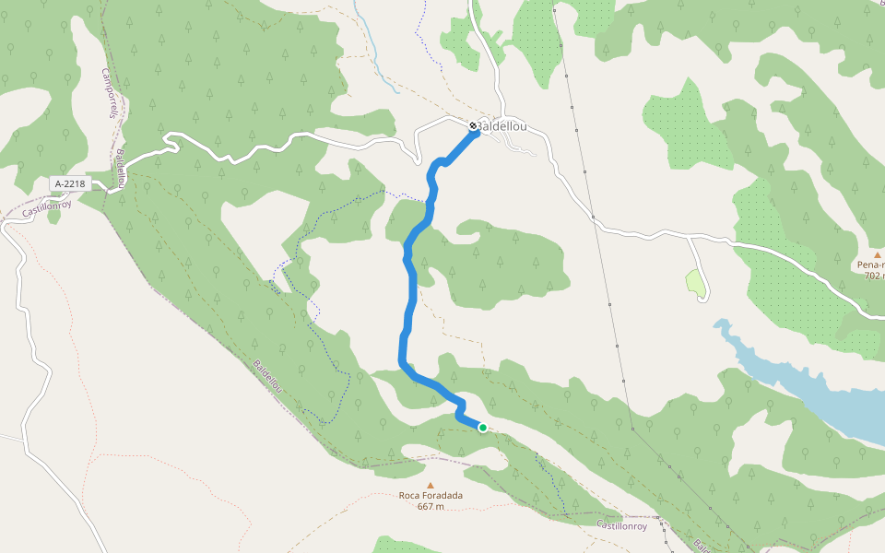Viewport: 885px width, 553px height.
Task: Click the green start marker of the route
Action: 482,427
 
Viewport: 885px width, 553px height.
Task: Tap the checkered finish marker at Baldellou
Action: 473,125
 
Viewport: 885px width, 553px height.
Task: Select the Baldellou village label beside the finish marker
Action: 505,126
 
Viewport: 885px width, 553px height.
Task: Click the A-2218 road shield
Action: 70,183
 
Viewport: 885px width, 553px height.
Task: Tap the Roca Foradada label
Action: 431,495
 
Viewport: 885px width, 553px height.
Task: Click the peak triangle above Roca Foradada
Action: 430,484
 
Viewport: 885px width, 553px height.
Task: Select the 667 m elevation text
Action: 431,506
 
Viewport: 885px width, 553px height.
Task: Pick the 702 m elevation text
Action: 872,275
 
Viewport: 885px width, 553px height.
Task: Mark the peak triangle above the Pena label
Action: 878,253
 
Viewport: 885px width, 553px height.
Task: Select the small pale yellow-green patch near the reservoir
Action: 697,284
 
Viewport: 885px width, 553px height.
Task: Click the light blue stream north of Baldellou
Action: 377,55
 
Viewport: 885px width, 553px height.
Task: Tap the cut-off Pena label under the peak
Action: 867,264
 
